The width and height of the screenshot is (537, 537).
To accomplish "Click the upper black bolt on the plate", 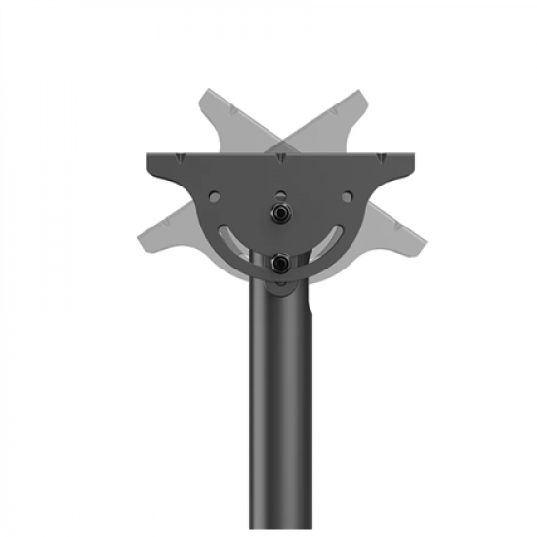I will click(281, 211).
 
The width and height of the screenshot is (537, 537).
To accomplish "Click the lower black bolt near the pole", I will click(281, 262).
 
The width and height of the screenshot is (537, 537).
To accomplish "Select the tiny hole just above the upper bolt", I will click(281, 192).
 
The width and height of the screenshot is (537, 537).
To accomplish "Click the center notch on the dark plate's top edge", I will click(281, 156).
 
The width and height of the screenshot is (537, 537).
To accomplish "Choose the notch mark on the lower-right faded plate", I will click(394, 220).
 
